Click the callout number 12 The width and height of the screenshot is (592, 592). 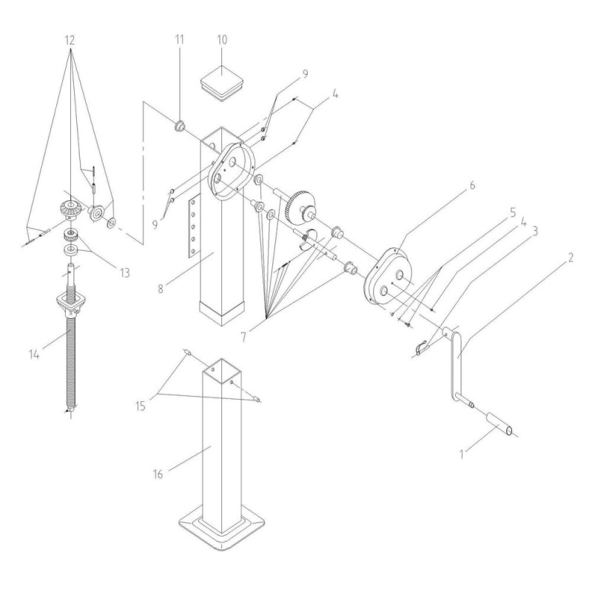click(70, 40)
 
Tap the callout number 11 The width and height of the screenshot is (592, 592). click(179, 39)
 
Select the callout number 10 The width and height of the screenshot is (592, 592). click(222, 39)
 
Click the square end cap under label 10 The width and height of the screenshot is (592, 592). click(222, 84)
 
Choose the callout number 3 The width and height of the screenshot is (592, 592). click(534, 231)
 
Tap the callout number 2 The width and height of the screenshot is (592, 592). click(570, 258)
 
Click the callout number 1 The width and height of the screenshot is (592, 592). click(461, 454)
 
